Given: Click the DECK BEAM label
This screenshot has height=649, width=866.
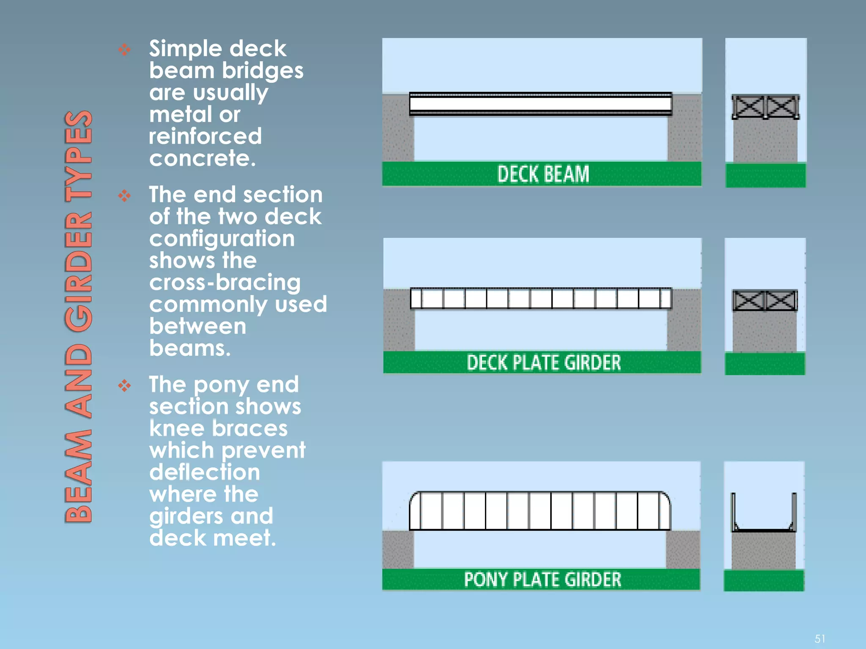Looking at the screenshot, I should click(x=543, y=174).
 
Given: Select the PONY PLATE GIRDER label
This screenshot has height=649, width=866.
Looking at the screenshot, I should click(x=543, y=579).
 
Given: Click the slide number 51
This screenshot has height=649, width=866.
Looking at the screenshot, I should click(x=819, y=638).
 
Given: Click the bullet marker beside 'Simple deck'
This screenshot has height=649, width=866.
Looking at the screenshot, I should click(x=124, y=50).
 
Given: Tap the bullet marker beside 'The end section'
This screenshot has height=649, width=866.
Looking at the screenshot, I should click(x=124, y=196).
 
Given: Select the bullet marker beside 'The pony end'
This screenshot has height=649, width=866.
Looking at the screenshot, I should click(x=124, y=385).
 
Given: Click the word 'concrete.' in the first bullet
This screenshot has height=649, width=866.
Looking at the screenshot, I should click(x=203, y=158).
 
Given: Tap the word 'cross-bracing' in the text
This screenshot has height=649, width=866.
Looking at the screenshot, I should click(x=225, y=282).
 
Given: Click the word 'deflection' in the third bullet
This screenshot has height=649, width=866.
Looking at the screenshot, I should click(x=205, y=472).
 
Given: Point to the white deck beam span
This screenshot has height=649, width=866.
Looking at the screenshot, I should click(x=540, y=104).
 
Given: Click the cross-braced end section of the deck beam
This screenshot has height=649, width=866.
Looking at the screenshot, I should click(x=765, y=107).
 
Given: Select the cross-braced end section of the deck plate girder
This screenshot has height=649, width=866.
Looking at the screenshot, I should click(x=765, y=300).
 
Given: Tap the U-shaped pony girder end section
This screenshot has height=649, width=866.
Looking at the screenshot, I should click(x=764, y=513).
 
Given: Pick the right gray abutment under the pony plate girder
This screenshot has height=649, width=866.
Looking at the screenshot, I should click(x=682, y=549).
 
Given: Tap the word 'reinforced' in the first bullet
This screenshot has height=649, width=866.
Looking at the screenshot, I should click(x=205, y=136).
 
